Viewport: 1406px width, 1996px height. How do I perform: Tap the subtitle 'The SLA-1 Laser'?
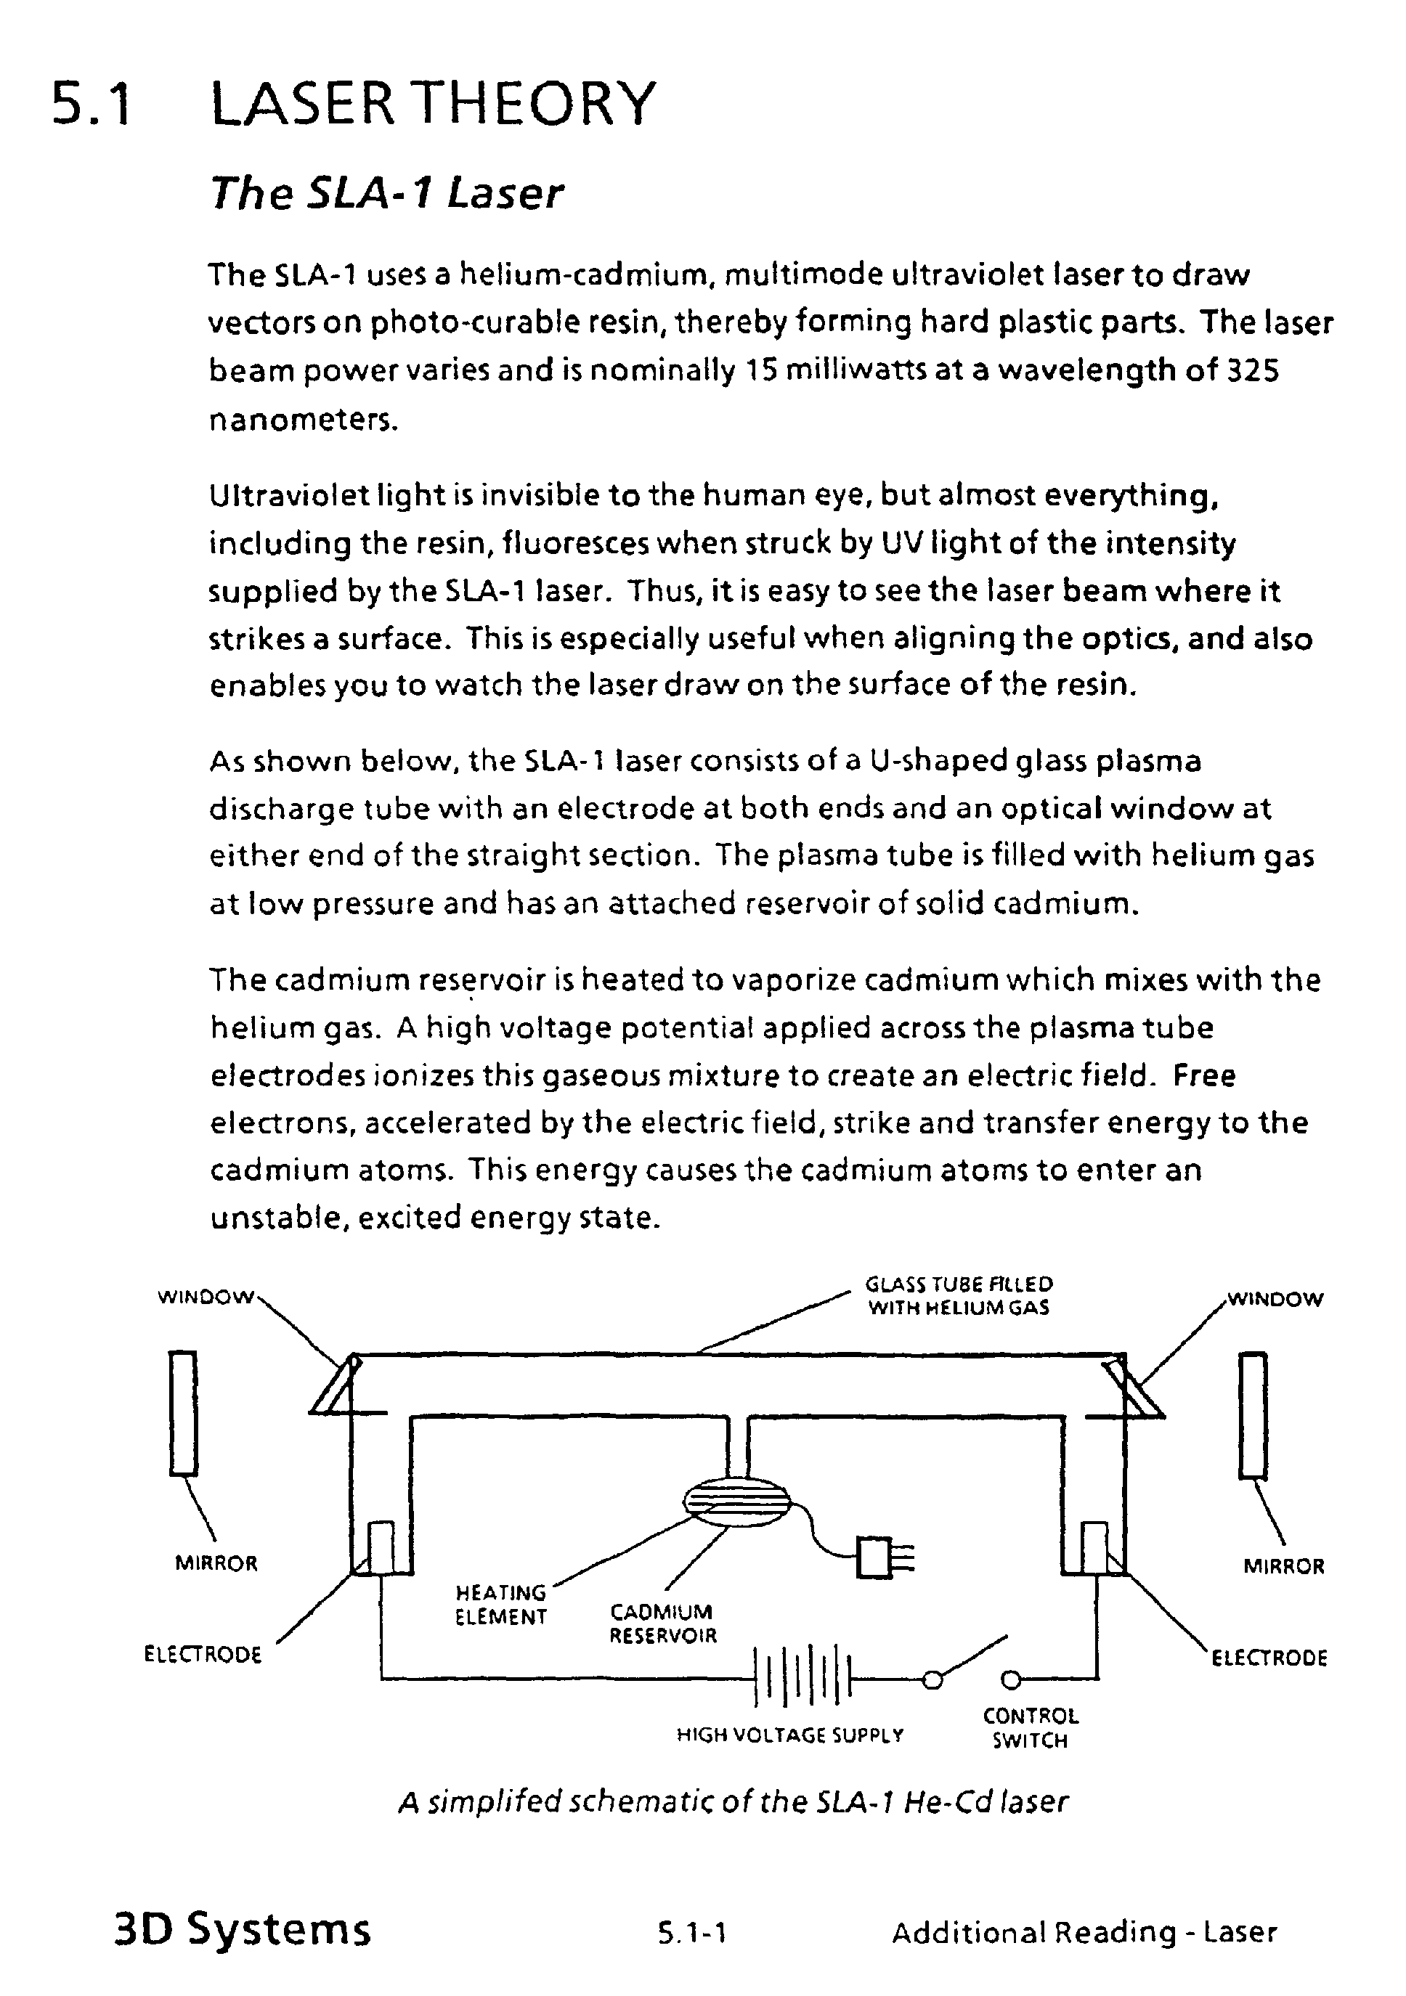click(x=387, y=193)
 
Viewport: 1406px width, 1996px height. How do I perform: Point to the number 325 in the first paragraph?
click(x=1252, y=371)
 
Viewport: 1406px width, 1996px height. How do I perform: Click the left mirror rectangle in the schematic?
click(x=184, y=1412)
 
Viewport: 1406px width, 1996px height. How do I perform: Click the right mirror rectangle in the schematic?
click(x=1253, y=1414)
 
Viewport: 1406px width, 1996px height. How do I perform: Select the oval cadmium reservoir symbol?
click(x=736, y=1499)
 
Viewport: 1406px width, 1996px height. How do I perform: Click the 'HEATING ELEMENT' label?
click(x=501, y=1605)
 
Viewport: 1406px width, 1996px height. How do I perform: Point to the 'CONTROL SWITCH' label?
click(x=1031, y=1728)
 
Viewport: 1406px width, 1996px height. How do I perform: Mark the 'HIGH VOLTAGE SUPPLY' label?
click(x=790, y=1735)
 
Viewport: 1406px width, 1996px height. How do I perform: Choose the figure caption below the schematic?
click(x=733, y=1802)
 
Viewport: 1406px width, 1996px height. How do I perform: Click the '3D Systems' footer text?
click(x=243, y=1930)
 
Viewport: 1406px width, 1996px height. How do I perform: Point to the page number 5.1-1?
click(x=692, y=1934)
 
